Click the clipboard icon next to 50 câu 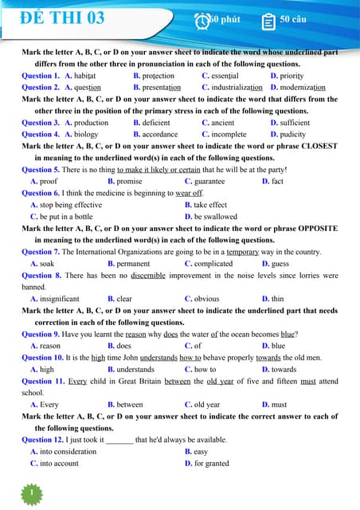268,20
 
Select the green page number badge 31,493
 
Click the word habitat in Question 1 90,76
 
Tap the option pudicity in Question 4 294,135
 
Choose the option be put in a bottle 65,217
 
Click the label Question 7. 41,252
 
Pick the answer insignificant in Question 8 60,299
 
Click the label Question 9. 41,335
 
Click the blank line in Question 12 119,440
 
